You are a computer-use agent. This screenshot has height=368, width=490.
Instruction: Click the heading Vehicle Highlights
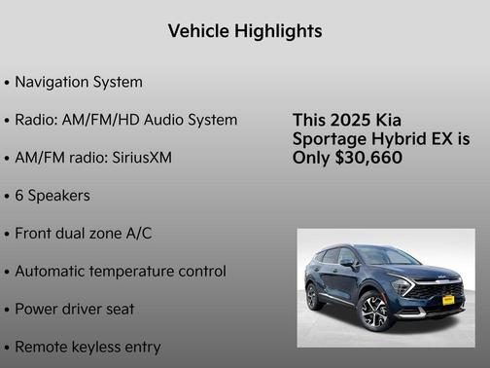coord(244,31)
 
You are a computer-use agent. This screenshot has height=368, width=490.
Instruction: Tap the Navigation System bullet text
coord(79,82)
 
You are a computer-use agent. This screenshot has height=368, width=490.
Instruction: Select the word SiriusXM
coord(142,157)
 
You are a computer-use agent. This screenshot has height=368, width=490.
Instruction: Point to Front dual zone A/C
coord(84,234)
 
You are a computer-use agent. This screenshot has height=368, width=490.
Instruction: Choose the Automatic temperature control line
coord(121,271)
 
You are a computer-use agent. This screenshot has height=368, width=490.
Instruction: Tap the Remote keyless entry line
coord(87,347)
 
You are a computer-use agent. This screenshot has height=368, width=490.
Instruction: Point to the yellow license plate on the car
coord(448,300)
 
